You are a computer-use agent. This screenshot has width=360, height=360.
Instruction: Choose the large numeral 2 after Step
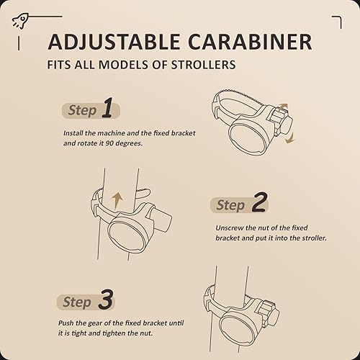[x=258, y=204]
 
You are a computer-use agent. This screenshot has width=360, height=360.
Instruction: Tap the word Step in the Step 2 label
[x=230, y=206]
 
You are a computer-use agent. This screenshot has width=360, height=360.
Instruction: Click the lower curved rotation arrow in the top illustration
[x=291, y=138]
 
